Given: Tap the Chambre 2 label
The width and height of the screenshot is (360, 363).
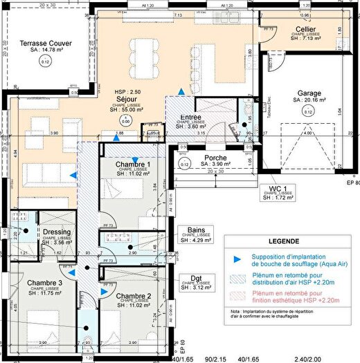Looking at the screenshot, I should [134, 296].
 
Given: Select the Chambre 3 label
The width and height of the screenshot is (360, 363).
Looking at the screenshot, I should [45, 283].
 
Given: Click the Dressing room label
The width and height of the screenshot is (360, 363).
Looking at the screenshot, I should [56, 232].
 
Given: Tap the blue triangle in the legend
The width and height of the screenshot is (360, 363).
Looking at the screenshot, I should [238, 259].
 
